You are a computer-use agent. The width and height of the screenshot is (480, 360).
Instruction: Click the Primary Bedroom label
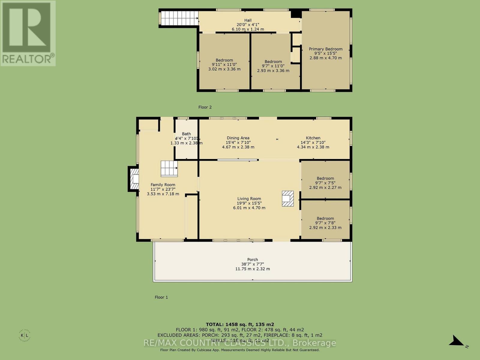pyautogui.click(x=325, y=49)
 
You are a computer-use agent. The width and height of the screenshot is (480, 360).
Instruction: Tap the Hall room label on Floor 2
pyautogui.click(x=247, y=20)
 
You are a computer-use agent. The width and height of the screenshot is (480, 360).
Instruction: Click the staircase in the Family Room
pyautogui.click(x=169, y=169)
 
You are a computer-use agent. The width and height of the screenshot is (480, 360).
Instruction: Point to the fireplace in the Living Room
pyautogui.click(x=288, y=199)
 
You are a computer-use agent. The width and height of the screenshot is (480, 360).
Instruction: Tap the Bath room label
pyautogui.click(x=186, y=134)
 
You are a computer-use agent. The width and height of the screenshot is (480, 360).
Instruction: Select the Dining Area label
pyautogui.click(x=238, y=138)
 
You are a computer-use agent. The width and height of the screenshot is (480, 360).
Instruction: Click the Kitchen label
pyautogui.click(x=313, y=138)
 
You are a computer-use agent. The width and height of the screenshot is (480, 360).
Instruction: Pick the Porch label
pyautogui.click(x=252, y=259)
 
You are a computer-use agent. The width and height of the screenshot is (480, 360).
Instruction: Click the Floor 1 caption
pyautogui.click(x=161, y=297)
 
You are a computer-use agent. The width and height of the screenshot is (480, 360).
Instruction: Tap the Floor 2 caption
pyautogui.click(x=205, y=107)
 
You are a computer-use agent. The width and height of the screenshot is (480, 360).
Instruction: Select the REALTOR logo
pyautogui.click(x=28, y=33)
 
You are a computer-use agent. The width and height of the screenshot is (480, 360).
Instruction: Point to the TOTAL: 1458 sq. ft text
pyautogui.click(x=240, y=324)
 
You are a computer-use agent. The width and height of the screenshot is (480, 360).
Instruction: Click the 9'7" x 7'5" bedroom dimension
pyautogui.click(x=325, y=183)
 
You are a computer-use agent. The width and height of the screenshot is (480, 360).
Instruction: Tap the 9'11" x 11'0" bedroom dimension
pyautogui.click(x=224, y=64)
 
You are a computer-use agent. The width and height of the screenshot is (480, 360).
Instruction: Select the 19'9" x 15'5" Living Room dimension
pyautogui.click(x=249, y=203)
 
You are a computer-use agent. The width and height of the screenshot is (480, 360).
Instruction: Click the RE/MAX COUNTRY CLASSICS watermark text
pyautogui.click(x=240, y=343)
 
